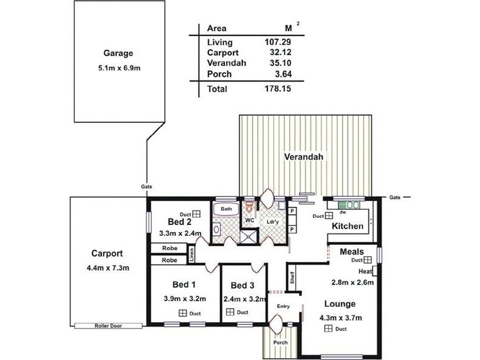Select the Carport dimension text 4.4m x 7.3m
pos(108,268)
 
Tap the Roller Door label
pos(109,326)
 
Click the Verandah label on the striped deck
pos(304,157)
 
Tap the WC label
pos(248,221)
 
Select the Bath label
pos(226,209)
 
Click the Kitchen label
pos(348,226)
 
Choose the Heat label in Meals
pos(366,271)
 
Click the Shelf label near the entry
pos(292,278)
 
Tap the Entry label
pos(283,306)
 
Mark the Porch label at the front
pos(281,343)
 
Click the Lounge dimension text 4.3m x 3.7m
pos(340,317)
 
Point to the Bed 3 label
pos(243,285)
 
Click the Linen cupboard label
pos(192,256)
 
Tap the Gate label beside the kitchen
pos(394,197)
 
